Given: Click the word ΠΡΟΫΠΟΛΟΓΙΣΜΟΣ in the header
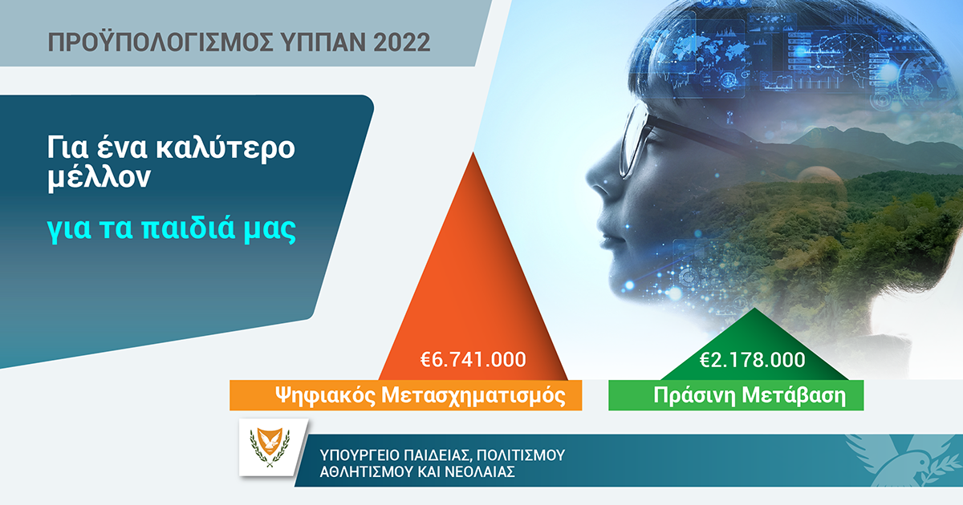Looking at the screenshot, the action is pos(160,42).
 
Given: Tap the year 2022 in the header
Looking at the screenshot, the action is pos(401,42).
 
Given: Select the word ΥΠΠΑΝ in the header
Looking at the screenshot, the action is pos(323,42).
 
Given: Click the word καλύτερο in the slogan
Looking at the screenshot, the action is pos(225,148).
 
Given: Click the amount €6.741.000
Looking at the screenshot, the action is pos(473,359).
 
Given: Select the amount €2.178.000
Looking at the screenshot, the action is pos(753,359).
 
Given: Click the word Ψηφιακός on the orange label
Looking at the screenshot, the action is pos(325,395).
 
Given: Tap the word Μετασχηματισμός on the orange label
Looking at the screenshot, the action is pos(473,395).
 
